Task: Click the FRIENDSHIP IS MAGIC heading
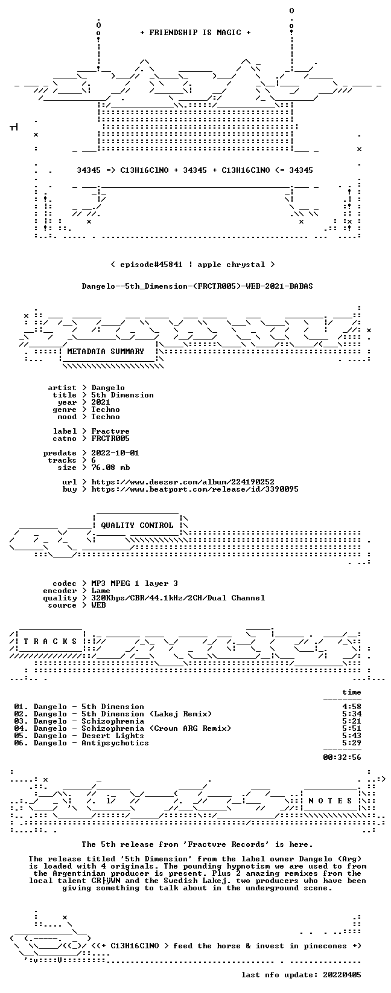pyautogui.click(x=195, y=33)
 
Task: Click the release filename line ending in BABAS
pyautogui.click(x=197, y=286)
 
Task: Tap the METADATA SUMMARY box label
pyautogui.click(x=106, y=352)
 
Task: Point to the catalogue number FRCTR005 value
pyautogui.click(x=110, y=439)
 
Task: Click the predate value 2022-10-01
pyautogui.click(x=115, y=453)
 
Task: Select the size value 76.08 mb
pyautogui.click(x=110, y=468)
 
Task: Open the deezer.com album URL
pyautogui.click(x=183, y=482)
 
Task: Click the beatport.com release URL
pyautogui.click(x=195, y=489)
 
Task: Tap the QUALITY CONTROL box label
pyautogui.click(x=137, y=525)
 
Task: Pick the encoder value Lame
pyautogui.click(x=101, y=591)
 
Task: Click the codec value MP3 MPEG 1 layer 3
pyautogui.click(x=135, y=583)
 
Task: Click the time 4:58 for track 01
pyautogui.click(x=352, y=707)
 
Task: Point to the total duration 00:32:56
pyautogui.click(x=342, y=757)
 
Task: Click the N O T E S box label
pyautogui.click(x=330, y=800)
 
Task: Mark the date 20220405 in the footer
pyautogui.click(x=342, y=975)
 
